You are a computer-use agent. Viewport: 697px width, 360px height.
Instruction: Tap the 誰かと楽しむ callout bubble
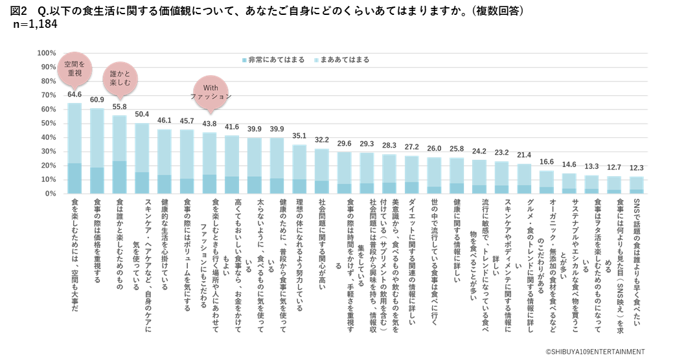pos(120,79)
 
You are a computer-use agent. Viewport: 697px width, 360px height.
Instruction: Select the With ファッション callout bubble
pos(211,91)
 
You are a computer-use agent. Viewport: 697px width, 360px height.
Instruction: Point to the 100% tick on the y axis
pos(47,52)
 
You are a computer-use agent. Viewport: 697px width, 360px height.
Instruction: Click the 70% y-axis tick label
pos(49,95)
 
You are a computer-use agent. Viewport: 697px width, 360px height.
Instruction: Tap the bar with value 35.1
pos(299,168)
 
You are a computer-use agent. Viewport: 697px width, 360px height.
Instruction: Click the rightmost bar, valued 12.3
pos(636,185)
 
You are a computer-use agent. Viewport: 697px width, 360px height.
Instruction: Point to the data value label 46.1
pos(165,120)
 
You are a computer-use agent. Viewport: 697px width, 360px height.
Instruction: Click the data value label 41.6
pos(232,128)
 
